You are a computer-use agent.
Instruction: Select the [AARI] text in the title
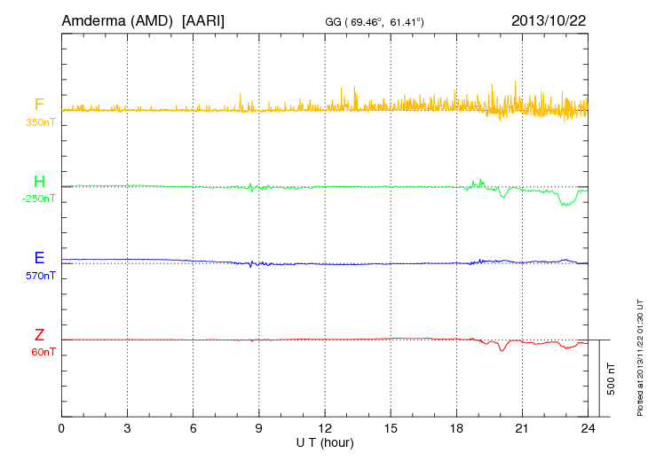[x=202, y=20]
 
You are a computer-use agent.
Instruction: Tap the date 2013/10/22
[x=549, y=20]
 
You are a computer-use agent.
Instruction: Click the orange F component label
[x=39, y=105]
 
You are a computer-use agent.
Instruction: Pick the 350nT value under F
[x=40, y=121]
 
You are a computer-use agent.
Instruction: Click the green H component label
[x=39, y=182]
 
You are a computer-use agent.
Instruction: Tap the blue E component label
[x=39, y=259]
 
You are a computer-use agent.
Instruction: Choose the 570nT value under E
[x=40, y=275]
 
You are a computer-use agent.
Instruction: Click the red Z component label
[x=39, y=335]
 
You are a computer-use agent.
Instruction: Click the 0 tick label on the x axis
[x=61, y=428]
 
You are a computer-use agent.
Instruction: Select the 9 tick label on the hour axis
[x=259, y=428]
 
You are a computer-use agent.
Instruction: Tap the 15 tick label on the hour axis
[x=391, y=428]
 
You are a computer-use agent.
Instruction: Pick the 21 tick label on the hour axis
[x=522, y=428]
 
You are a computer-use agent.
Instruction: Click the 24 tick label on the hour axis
[x=588, y=428]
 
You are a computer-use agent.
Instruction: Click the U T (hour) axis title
[x=325, y=441]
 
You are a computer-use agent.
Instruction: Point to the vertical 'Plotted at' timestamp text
[x=640, y=356]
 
